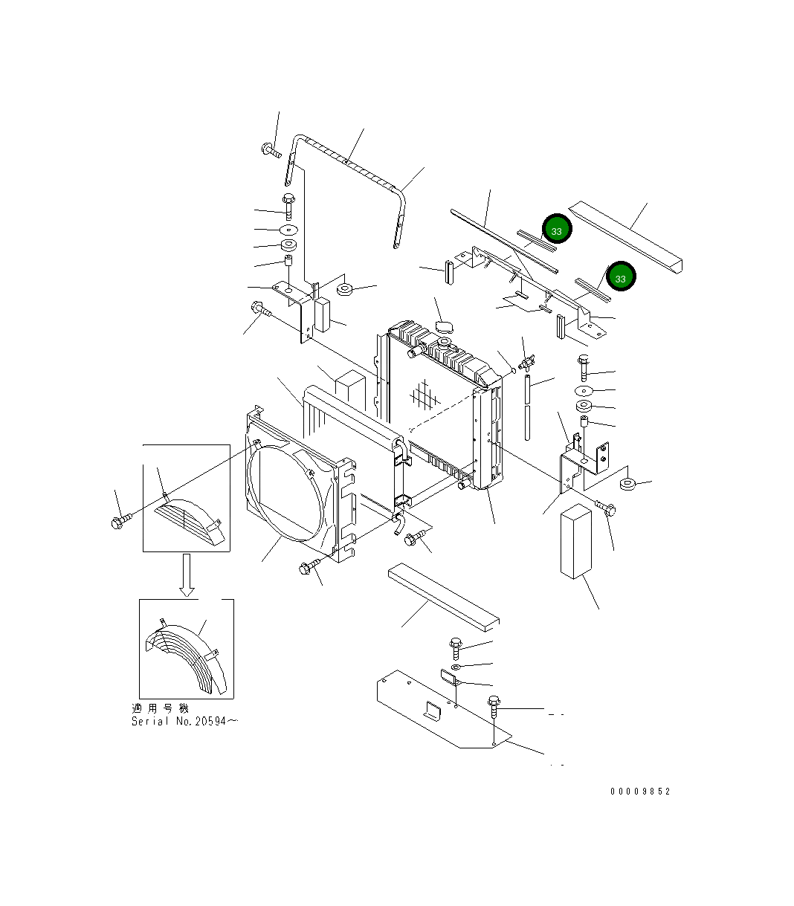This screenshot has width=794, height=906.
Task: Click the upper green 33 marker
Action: pos(556,230)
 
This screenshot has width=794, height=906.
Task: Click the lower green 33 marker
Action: pos(620,276)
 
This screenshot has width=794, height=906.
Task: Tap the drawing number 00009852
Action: pos(640,792)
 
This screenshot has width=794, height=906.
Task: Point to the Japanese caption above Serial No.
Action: pos(160,708)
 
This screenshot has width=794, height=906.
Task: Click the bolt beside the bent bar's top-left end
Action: pos(271,152)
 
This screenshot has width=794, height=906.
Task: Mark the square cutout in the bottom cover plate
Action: pos(432,711)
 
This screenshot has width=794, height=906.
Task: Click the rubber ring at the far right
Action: pos(628,485)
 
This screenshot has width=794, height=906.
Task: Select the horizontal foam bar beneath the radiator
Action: pos(443,594)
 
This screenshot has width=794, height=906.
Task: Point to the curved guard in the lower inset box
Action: pos(190,654)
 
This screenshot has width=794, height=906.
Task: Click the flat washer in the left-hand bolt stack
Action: pos(288,230)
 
